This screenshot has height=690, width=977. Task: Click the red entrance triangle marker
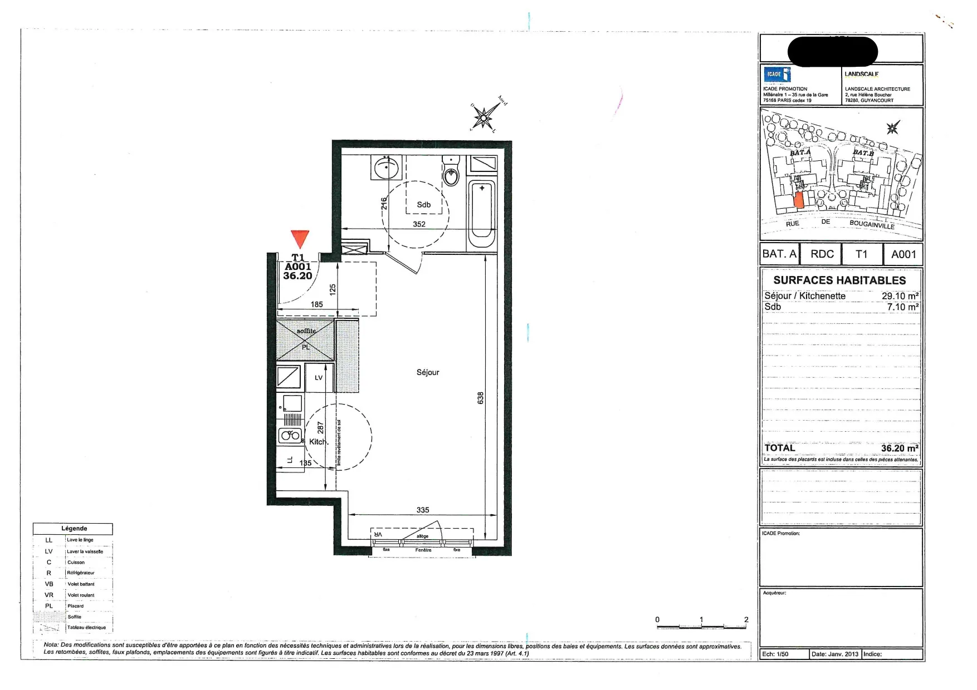coord(300,238)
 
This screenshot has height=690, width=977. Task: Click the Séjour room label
coord(428,372)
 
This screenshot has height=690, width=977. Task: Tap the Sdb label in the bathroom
coord(424,205)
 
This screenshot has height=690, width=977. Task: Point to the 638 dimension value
coord(481,398)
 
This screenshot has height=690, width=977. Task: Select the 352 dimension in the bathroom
coord(419,224)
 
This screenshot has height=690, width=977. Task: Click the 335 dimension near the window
coord(423,510)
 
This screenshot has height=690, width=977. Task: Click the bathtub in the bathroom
coord(482,214)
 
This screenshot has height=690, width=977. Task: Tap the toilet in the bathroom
coord(451,172)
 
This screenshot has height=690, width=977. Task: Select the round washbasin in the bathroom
coord(386,166)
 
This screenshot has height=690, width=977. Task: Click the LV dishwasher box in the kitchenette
coord(319,378)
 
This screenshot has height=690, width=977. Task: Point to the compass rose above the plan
coord(483,117)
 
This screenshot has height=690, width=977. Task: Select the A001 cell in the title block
coord(903,254)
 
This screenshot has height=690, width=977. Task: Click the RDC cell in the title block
coord(822,254)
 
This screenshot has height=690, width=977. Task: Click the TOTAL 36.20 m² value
coord(899,448)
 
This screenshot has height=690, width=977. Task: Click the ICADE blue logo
coord(776,75)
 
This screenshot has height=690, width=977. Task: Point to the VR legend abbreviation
coord(49,595)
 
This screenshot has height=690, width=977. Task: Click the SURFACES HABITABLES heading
coord(839,280)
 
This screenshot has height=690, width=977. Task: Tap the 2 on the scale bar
coord(746,619)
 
